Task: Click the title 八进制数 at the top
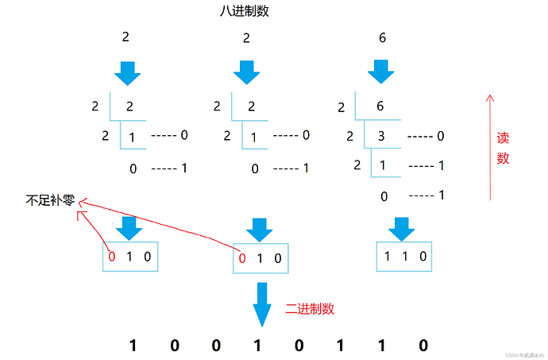click(x=245, y=13)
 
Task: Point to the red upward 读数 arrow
click(x=490, y=147)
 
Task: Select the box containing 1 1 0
click(x=404, y=257)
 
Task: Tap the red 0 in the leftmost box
click(x=112, y=257)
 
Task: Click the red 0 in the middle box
click(x=242, y=257)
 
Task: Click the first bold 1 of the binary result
click(x=133, y=345)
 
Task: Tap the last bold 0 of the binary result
click(x=423, y=345)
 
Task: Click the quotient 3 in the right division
click(x=383, y=136)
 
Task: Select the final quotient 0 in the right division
click(x=384, y=196)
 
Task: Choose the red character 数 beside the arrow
click(x=503, y=158)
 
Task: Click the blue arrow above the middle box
click(x=258, y=228)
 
